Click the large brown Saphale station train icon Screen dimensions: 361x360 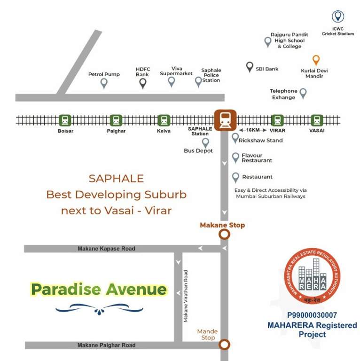225,120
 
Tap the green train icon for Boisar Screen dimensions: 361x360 65,120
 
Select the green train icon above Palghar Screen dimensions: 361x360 116,120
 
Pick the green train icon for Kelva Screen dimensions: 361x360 164,120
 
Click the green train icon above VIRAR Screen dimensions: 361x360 277,120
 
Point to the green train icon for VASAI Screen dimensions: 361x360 317,120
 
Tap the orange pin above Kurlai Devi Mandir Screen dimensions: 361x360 316,60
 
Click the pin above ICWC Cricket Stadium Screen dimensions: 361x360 337,17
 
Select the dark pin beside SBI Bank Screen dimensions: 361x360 250,67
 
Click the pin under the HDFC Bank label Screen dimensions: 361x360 142,84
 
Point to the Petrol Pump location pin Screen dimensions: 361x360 104,84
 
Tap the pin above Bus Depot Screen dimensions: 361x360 205,142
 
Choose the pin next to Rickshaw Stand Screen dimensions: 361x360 235,138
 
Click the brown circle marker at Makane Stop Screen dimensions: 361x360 225,234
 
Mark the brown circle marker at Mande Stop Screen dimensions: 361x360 225,345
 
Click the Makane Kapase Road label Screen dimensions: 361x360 106,249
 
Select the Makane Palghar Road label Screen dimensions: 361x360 106,345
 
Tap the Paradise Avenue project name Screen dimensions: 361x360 99,289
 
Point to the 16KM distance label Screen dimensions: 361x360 252,130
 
